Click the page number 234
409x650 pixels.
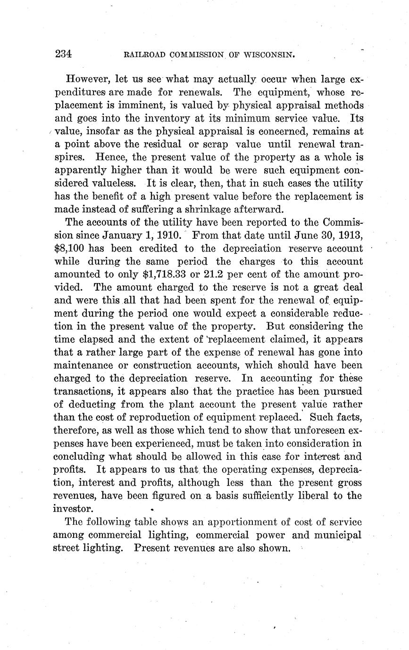pos(63,54)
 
